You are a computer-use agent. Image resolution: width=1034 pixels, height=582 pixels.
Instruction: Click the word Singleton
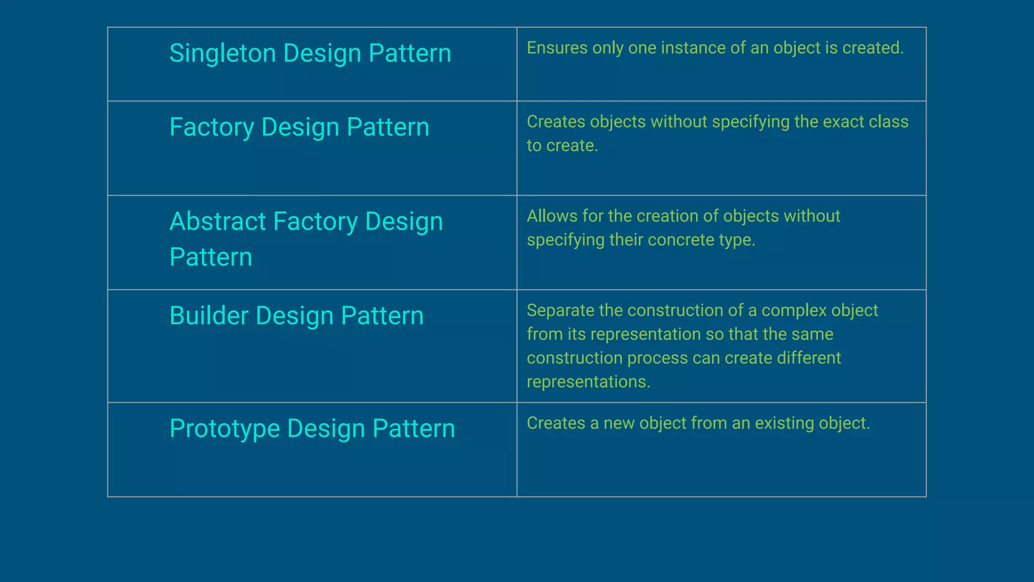coord(222,54)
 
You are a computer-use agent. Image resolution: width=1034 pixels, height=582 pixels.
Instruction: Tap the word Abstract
coord(218,221)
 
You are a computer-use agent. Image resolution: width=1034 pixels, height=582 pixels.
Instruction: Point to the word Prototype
coord(224,429)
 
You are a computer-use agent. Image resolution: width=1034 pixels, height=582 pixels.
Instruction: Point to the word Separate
coord(560,310)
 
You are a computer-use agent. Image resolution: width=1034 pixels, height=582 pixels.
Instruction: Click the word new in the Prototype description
coord(618,423)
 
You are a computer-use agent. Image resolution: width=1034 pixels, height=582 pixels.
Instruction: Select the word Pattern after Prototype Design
coord(413,429)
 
